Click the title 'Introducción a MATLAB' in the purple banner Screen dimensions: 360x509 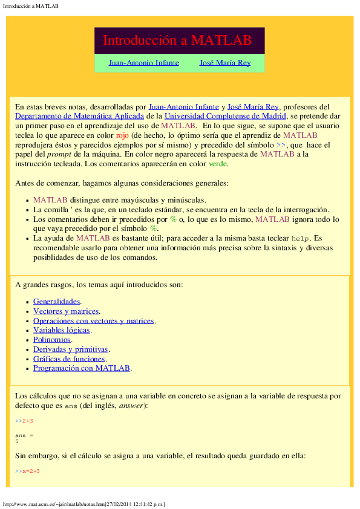[x=177, y=41]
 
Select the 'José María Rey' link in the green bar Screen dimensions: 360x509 [x=224, y=63]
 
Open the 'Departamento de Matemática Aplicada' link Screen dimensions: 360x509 [x=79, y=115]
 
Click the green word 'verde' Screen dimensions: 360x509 [x=218, y=164]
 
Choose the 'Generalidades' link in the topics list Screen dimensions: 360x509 [x=57, y=301]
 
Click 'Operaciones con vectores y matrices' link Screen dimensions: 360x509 [x=94, y=320]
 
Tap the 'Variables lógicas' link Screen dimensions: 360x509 [x=62, y=330]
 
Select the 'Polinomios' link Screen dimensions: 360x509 [x=52, y=340]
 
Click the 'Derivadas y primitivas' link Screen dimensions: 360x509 [x=70, y=349]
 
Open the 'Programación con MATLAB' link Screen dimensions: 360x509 [x=82, y=368]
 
